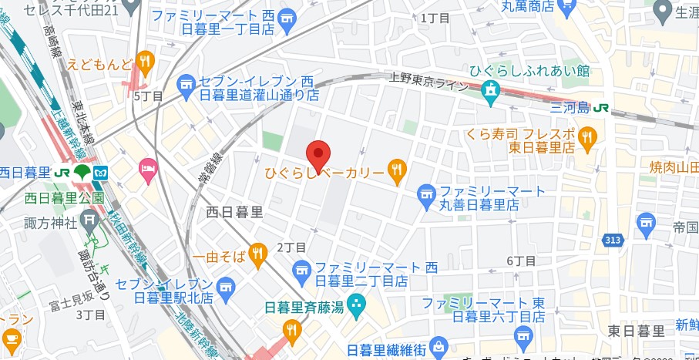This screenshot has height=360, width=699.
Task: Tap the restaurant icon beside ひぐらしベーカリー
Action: coord(397,170)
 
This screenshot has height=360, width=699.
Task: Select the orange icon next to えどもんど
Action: coord(145,62)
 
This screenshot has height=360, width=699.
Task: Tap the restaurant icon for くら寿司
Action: coord(588,138)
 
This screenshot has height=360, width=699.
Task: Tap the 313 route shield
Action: coord(613,241)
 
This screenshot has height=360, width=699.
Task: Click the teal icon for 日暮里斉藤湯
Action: coord(355,305)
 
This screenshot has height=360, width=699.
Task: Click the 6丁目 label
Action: coord(521,261)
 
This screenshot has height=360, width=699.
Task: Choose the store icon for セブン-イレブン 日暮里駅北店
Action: coord(226,288)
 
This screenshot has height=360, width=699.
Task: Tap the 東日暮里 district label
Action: coord(636,331)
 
